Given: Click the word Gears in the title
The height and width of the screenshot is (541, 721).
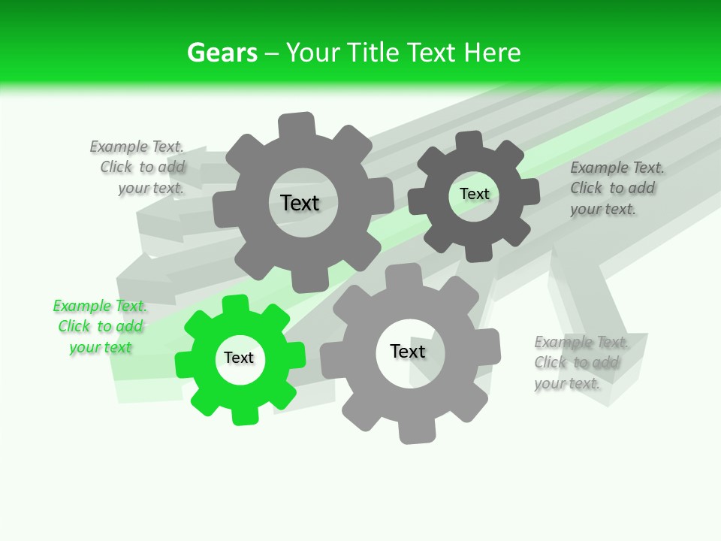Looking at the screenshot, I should click(222, 53).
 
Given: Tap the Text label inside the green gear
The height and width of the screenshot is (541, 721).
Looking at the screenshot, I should click(239, 358).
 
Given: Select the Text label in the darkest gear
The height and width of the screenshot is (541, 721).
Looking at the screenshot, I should click(474, 194).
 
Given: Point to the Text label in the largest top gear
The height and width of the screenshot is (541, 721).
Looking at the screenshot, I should click(300, 203).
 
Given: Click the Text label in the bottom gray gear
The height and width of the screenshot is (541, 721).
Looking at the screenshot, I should click(408, 351).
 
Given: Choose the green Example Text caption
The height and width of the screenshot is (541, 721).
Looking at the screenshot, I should click(100, 326).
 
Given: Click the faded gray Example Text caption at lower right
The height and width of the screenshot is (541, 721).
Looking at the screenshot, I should click(580, 363).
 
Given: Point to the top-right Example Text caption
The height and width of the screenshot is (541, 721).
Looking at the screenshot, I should click(616, 188).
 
